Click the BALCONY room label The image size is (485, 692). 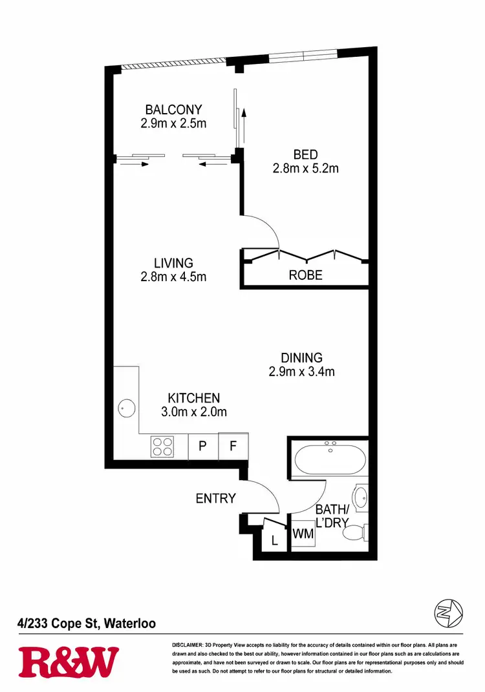(173, 110)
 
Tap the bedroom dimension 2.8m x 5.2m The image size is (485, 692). (306, 169)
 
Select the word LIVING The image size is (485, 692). (173, 263)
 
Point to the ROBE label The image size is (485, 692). (305, 275)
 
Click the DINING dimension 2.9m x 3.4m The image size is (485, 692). (301, 372)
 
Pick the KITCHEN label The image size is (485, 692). (194, 398)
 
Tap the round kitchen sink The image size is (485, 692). (126, 408)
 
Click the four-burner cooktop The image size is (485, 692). (162, 446)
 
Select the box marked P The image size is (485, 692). (202, 446)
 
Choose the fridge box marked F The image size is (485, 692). (233, 446)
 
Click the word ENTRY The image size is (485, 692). (216, 498)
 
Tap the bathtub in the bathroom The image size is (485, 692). (330, 459)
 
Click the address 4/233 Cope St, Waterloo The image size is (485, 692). (87, 624)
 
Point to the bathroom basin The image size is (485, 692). (361, 498)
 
